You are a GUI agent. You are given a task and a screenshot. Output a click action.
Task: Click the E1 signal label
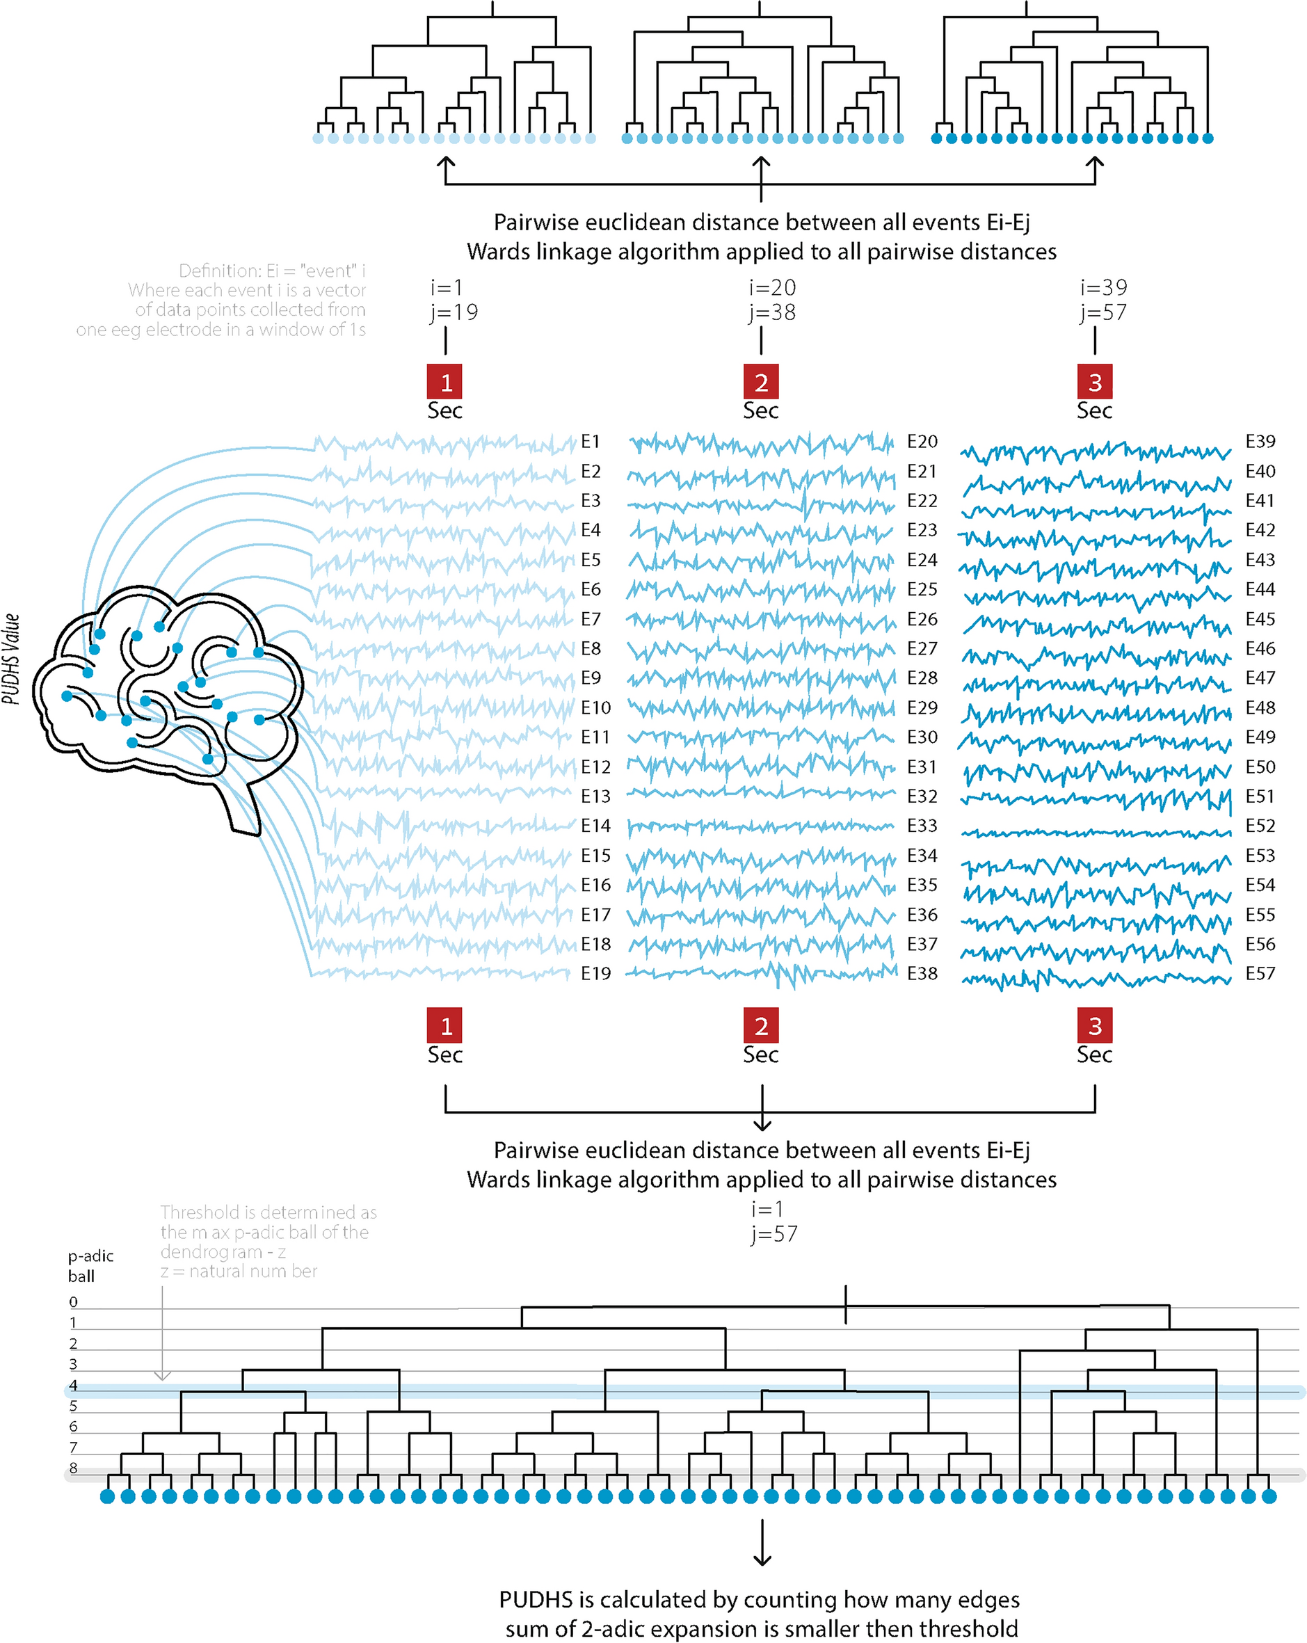click(x=590, y=442)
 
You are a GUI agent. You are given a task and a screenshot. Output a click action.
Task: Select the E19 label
click(x=595, y=973)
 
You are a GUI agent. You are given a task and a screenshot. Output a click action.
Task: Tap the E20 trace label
click(x=922, y=442)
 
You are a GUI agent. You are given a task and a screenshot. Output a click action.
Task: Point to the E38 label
click(x=922, y=973)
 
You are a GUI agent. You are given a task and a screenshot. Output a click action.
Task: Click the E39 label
click(x=1260, y=442)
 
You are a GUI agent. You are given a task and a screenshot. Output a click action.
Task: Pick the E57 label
click(x=1260, y=973)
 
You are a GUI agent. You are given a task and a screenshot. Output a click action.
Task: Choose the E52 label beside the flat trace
click(x=1260, y=826)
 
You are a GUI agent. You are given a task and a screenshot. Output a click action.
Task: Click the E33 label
click(x=922, y=826)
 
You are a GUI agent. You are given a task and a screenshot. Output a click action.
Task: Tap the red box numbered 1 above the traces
click(x=444, y=382)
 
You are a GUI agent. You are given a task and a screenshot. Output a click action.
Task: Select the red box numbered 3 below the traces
click(x=1094, y=1026)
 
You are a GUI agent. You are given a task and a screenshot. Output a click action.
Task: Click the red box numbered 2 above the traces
click(x=760, y=382)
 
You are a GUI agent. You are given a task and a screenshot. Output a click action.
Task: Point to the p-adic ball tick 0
click(x=73, y=1302)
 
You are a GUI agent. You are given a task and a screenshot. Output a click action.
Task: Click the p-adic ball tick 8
click(x=73, y=1468)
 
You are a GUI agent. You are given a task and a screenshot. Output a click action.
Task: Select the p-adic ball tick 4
click(x=73, y=1386)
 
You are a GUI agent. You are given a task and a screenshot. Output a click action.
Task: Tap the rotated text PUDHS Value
click(x=10, y=659)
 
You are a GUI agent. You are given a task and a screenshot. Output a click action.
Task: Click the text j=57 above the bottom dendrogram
click(x=773, y=1234)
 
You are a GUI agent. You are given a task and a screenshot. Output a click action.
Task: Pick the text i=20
click(x=772, y=288)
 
